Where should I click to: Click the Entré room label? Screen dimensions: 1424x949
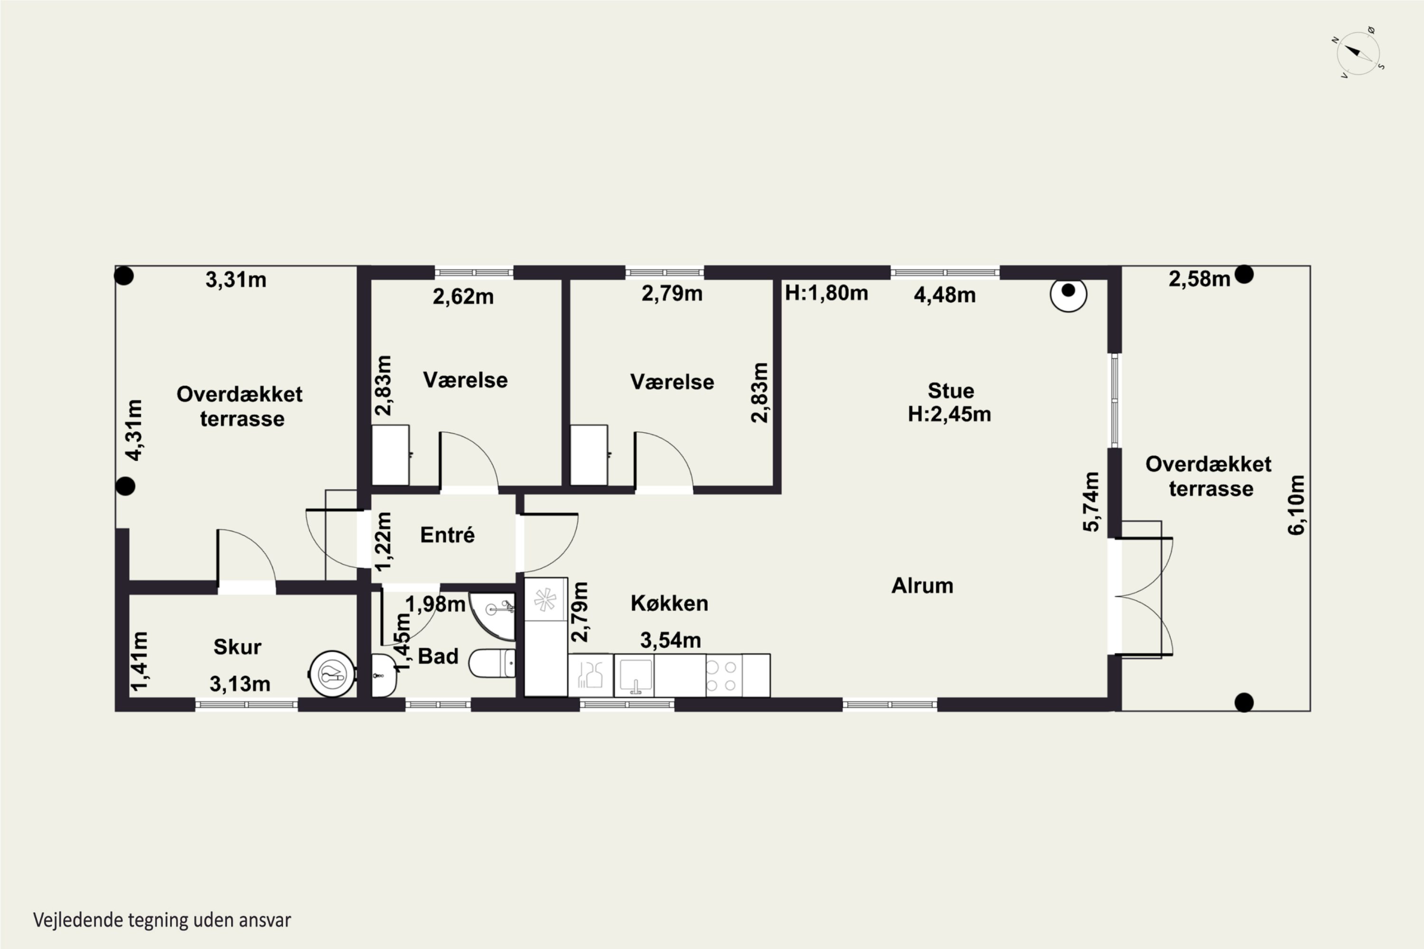pos(448,535)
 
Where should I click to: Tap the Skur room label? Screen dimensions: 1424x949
pos(237,647)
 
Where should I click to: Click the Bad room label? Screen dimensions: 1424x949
pos(438,656)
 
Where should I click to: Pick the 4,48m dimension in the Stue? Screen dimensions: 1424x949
pos(945,295)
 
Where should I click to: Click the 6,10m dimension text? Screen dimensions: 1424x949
pos(1296,505)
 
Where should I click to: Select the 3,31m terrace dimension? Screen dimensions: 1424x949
pos(235,279)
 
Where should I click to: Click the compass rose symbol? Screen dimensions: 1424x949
pos(1358,53)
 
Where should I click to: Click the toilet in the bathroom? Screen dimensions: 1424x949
pos(492,663)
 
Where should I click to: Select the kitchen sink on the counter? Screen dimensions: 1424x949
pos(634,675)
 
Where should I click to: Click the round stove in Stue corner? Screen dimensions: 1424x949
pos(1068,294)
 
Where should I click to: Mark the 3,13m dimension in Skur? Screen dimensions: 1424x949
pos(240,684)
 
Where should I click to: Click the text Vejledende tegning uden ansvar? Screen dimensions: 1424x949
pos(162,920)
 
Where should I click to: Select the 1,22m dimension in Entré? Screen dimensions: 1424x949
pos(383,542)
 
